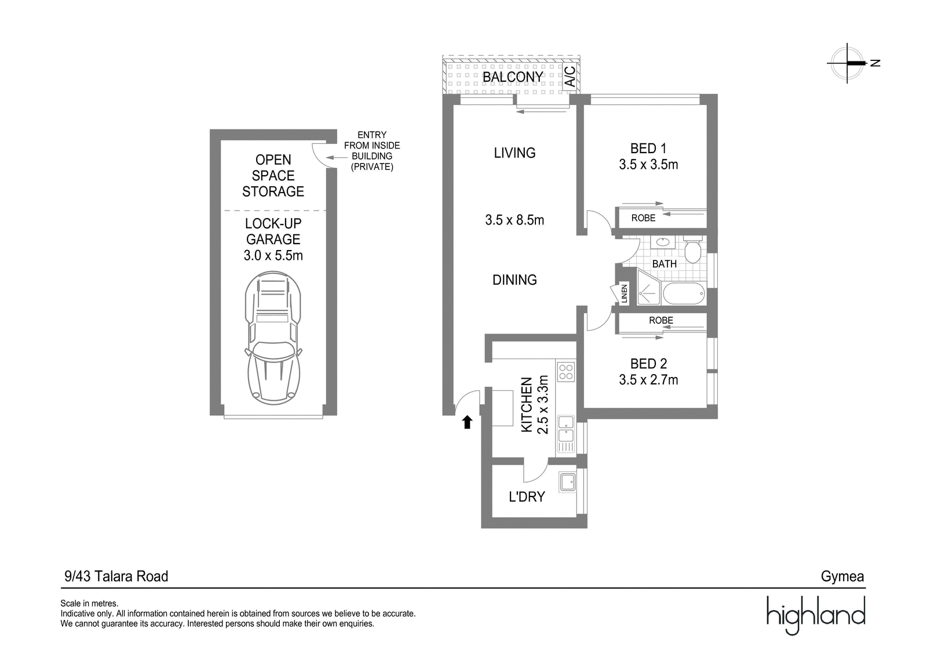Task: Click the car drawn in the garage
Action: click(273, 338)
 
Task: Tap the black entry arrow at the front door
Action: click(467, 422)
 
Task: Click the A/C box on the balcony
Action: click(570, 77)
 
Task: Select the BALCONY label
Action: click(513, 77)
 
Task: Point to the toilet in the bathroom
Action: click(692, 249)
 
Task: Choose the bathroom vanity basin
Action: click(663, 242)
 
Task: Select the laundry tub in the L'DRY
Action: click(567, 482)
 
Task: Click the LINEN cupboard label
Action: click(625, 293)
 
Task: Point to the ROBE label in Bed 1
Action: click(643, 218)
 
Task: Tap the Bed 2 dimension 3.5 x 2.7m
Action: click(648, 379)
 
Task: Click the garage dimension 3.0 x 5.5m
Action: click(273, 255)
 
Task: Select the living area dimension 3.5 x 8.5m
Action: click(514, 220)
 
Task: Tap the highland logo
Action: click(816, 615)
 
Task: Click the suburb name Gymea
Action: click(842, 577)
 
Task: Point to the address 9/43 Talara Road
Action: click(116, 577)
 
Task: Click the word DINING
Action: click(514, 280)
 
